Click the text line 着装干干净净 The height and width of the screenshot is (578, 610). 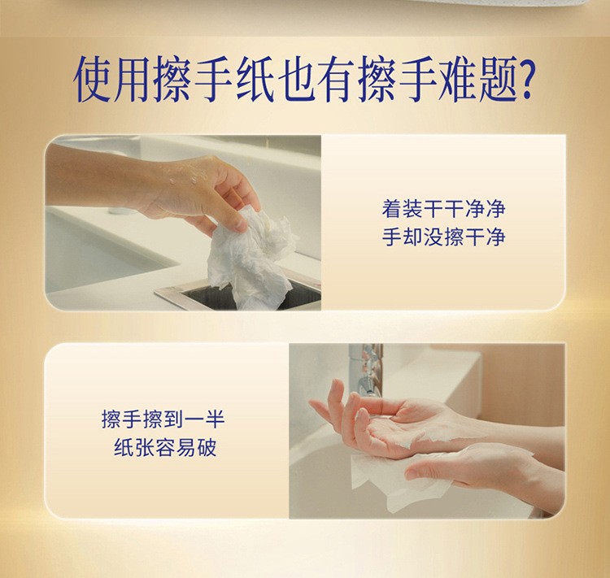[x=443, y=208]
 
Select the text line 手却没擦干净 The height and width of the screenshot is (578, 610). [x=443, y=237]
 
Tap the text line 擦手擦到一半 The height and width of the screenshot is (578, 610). [x=163, y=419]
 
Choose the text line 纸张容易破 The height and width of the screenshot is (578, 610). [x=165, y=447]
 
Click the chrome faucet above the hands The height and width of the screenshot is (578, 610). [x=366, y=370]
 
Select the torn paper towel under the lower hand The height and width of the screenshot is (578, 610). [x=397, y=480]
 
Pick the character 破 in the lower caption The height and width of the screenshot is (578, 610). [x=207, y=447]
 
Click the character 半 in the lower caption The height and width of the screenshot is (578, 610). [x=215, y=419]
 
